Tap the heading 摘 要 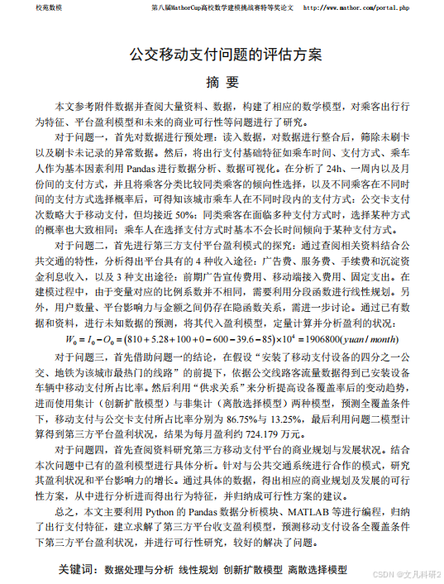(221, 84)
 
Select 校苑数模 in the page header (26, 7)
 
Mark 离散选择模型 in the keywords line (317, 570)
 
